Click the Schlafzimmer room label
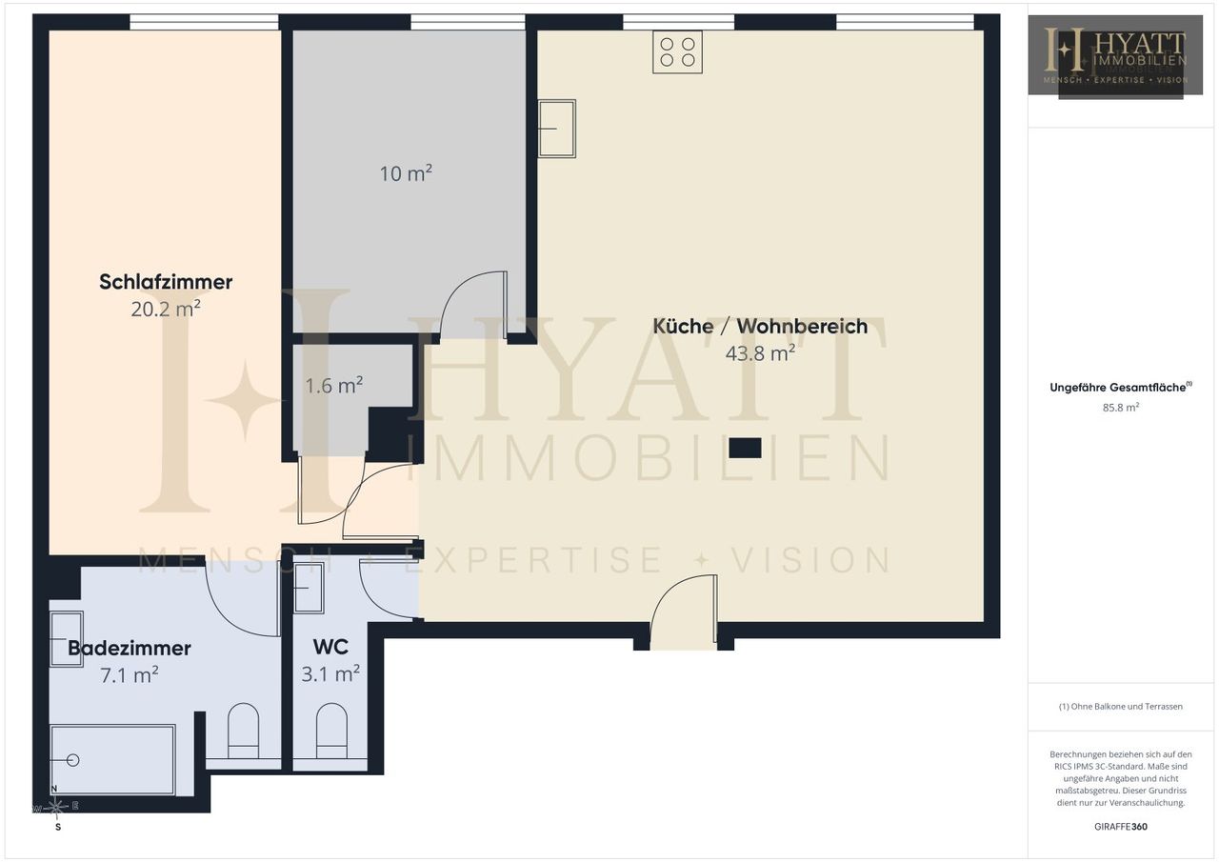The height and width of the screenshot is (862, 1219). (166, 282)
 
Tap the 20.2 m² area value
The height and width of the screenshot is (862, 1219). (166, 309)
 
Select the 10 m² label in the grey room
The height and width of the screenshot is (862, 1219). (406, 173)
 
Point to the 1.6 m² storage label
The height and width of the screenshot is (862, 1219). (333, 386)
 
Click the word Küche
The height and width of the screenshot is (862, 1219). (683, 326)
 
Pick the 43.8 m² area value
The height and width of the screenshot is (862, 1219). (760, 353)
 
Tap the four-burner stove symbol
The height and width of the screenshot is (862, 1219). (677, 52)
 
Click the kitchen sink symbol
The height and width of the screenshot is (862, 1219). (557, 129)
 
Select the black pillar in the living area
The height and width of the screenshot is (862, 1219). (745, 448)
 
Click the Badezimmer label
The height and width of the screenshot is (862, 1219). (130, 648)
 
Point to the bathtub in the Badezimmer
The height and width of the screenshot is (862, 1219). (112, 760)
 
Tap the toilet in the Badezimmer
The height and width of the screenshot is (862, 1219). (243, 731)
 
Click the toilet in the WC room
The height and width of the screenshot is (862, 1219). (331, 731)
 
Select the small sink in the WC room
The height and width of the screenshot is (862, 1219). (309, 589)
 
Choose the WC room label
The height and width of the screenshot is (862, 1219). (330, 647)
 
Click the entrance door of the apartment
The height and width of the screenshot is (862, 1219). (684, 611)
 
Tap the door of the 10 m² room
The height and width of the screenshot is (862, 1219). (473, 305)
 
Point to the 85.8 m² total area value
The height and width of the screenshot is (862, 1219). (1121, 407)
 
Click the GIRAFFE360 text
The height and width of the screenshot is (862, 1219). (1121, 827)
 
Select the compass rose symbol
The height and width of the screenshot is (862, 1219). (56, 807)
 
